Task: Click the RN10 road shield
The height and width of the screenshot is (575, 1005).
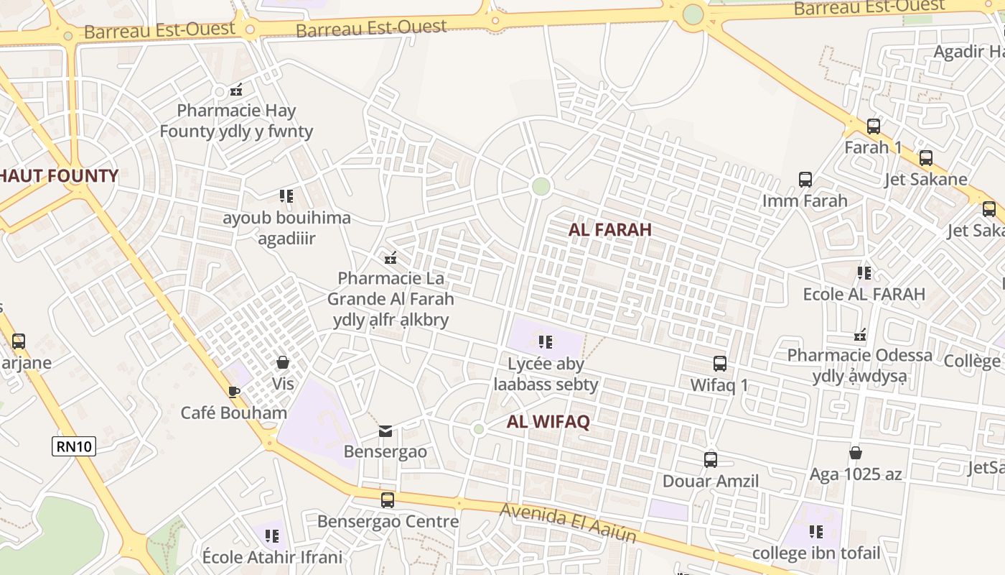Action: click(74, 446)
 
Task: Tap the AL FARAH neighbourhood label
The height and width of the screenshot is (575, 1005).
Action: click(610, 230)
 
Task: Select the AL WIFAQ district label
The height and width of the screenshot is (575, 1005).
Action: click(548, 422)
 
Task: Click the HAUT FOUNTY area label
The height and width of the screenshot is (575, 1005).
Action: click(59, 176)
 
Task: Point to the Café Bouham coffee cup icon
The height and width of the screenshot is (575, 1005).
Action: click(233, 392)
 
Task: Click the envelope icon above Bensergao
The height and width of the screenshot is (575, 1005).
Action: click(385, 431)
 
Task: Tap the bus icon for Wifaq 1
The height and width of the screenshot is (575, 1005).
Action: click(719, 364)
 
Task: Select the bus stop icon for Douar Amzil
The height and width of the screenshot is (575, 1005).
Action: click(710, 459)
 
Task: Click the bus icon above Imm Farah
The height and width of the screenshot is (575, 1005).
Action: click(805, 179)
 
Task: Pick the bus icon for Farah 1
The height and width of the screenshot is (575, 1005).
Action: click(873, 126)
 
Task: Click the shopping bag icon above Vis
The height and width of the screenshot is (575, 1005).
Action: click(283, 362)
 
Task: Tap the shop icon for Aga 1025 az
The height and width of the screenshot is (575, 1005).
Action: click(855, 453)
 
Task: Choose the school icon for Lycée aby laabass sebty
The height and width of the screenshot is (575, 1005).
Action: click(546, 341)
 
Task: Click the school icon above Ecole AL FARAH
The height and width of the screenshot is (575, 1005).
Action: click(864, 272)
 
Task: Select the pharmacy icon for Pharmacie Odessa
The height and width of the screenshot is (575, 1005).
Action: click(860, 334)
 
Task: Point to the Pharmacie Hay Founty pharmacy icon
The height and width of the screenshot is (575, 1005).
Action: click(236, 90)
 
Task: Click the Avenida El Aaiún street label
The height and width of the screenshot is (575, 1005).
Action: click(569, 523)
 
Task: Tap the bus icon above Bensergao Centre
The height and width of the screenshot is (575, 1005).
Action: click(387, 500)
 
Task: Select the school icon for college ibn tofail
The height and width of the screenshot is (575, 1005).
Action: click(815, 531)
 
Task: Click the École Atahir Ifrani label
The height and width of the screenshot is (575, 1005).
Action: click(272, 557)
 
